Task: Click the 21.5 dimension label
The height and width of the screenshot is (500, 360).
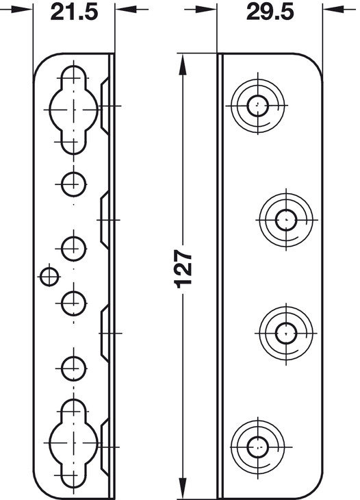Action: click(74, 12)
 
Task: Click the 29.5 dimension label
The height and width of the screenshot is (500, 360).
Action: click(270, 12)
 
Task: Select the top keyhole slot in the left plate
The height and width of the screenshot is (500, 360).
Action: click(74, 110)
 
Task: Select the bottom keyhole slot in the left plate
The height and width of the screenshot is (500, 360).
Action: click(74, 443)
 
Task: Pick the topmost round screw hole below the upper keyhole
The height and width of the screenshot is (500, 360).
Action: click(74, 184)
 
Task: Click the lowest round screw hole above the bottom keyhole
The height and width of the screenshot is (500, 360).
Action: click(74, 368)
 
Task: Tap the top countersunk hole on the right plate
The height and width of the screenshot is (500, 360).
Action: click(258, 105)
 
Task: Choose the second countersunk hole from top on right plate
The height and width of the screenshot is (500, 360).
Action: click(286, 220)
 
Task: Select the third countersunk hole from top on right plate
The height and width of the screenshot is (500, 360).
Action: click(286, 334)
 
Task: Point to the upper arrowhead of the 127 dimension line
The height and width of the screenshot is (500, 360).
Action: click(183, 66)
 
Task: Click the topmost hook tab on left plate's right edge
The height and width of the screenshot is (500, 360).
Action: click(105, 105)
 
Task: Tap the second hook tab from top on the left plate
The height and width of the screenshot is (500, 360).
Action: click(105, 220)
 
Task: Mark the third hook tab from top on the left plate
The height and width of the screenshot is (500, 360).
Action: click(105, 334)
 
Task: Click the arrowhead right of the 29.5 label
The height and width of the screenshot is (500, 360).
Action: click(335, 10)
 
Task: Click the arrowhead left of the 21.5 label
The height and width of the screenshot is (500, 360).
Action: click(21, 10)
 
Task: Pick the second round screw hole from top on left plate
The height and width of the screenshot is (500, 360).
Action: click(74, 249)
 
